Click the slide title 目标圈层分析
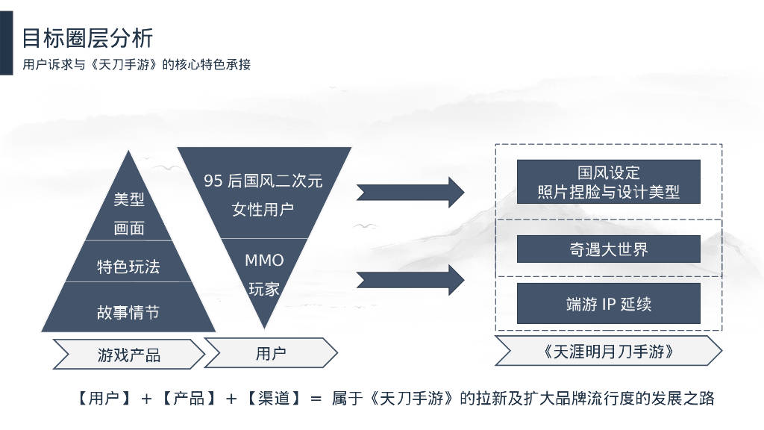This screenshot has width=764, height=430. [88, 38]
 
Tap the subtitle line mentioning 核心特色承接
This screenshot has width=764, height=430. [137, 64]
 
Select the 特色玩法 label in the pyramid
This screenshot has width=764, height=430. [128, 267]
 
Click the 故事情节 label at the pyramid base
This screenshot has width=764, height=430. [128, 312]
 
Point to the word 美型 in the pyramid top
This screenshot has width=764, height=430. [129, 199]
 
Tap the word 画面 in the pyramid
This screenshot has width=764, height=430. [129, 228]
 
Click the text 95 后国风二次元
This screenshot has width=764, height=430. [263, 181]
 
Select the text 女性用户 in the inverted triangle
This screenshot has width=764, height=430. [263, 210]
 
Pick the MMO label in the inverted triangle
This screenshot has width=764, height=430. [264, 261]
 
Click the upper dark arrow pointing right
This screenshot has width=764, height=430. [410, 192]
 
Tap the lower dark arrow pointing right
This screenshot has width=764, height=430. [410, 281]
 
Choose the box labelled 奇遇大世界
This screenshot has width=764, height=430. [609, 249]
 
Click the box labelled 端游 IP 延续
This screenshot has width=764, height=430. [609, 303]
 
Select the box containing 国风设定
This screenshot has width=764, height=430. [609, 181]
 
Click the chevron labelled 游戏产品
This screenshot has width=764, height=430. [129, 355]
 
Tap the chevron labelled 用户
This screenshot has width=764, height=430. [271, 353]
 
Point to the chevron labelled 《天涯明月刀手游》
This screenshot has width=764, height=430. [609, 351]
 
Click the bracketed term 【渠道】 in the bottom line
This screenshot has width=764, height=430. [273, 399]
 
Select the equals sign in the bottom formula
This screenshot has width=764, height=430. [316, 399]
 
